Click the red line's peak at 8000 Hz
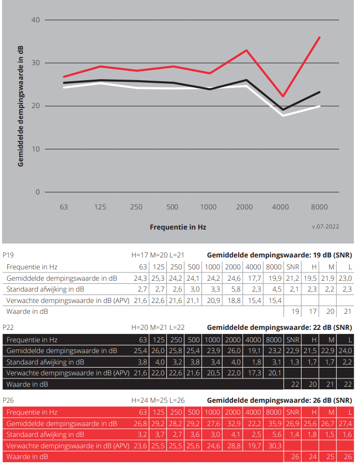point(320,37)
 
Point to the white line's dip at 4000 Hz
point(283,115)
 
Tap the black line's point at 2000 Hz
point(246,80)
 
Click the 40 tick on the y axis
point(36,20)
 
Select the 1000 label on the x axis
point(208,207)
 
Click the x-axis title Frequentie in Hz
point(178,227)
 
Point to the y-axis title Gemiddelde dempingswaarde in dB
point(21,106)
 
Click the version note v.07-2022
point(325,226)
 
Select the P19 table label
point(8,255)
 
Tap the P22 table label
point(8,328)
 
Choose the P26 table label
point(8,401)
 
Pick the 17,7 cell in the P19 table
point(254,278)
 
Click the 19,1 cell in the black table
point(254,351)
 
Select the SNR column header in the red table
point(293,413)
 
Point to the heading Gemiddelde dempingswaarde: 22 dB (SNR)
point(279,328)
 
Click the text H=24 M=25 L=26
point(158,401)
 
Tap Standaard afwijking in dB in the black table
point(45,362)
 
